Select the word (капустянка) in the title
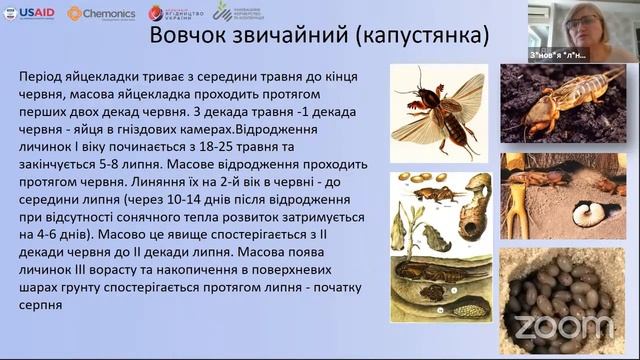(x=427, y=37)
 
